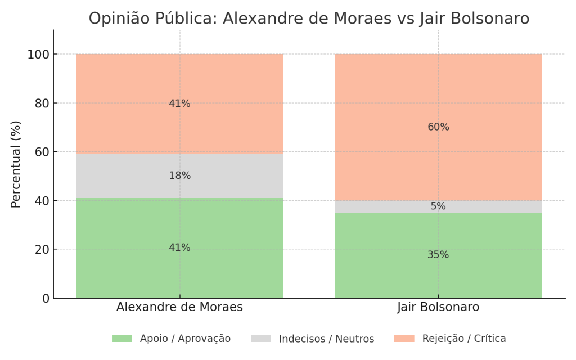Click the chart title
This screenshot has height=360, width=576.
(x=309, y=19)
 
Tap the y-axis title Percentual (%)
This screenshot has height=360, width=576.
(x=16, y=164)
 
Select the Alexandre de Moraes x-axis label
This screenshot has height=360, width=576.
(x=179, y=307)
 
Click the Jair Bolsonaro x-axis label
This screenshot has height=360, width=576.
(x=438, y=307)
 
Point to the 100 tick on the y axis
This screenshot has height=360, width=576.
(x=38, y=55)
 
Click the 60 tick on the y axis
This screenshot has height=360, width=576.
(x=42, y=152)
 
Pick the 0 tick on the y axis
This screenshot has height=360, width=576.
(x=46, y=298)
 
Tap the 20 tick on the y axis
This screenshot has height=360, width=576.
(x=42, y=250)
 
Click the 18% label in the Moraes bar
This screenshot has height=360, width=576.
(x=179, y=176)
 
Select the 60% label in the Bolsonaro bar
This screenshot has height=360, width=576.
(x=438, y=127)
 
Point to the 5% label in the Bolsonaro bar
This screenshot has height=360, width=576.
(x=438, y=206)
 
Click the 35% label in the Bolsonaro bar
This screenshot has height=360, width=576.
(x=438, y=255)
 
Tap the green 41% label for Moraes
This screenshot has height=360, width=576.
(x=179, y=247)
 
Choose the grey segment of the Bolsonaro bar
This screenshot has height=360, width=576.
(x=394, y=206)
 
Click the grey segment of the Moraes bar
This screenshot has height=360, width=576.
(x=124, y=176)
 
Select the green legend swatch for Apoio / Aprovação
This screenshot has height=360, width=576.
(x=121, y=339)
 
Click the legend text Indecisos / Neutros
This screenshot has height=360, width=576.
(x=326, y=339)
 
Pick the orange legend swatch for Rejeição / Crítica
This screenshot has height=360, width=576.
(x=404, y=339)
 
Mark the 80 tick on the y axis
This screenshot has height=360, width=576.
(x=42, y=103)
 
